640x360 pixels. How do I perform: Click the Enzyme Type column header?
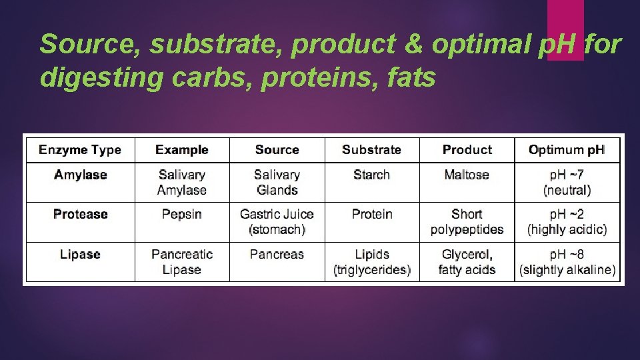tap(80, 150)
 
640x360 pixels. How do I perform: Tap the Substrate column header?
tap(371, 150)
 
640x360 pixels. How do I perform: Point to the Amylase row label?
tap(80, 175)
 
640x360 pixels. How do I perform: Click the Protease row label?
tap(80, 214)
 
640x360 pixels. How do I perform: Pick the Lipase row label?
tap(80, 255)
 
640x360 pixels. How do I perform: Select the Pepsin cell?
tap(181, 214)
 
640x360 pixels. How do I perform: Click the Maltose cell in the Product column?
tap(467, 175)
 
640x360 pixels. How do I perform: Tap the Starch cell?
tap(371, 175)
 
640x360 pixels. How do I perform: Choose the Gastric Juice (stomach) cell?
tap(277, 222)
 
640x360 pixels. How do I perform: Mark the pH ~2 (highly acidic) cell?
tap(567, 222)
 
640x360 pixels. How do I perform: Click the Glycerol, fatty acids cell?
tap(467, 262)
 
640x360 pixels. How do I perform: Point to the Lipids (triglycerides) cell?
tap(371, 262)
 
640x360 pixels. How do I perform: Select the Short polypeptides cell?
tap(467, 222)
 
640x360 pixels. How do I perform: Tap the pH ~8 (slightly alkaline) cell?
tap(567, 262)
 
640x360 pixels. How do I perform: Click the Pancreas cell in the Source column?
tap(277, 255)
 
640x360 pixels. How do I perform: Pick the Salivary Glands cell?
tap(277, 182)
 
